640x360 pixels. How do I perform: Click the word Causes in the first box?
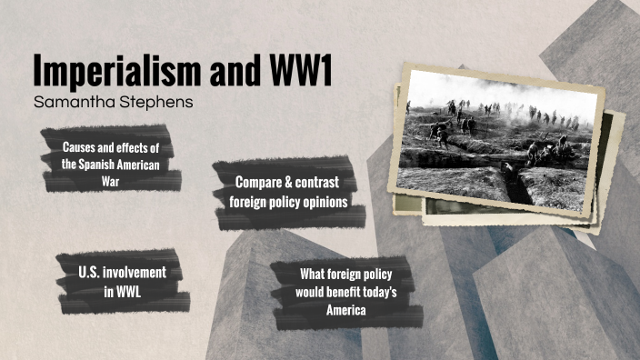coord(80,147)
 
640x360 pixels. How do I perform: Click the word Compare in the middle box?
coord(264,183)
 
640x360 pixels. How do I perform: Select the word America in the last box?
coord(348,310)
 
